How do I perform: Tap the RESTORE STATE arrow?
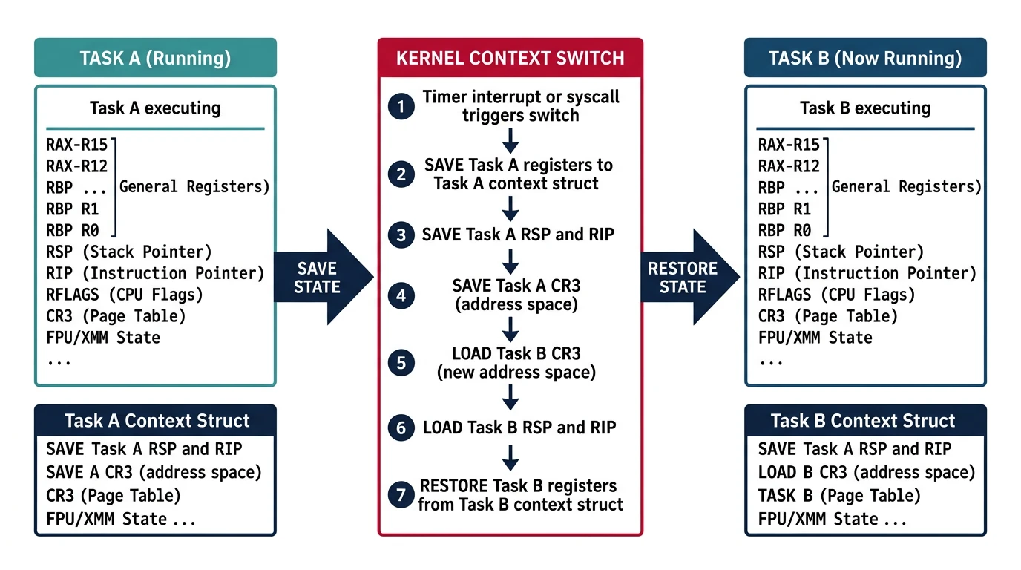686,277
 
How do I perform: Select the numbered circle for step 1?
401,107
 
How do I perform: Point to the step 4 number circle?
401,295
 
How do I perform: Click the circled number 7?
401,495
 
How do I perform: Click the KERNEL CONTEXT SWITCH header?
510,58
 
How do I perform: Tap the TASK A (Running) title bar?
155,58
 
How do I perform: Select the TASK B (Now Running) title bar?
865,58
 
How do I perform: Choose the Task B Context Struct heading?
865,421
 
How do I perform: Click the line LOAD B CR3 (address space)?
866,472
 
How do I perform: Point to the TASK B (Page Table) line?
838,495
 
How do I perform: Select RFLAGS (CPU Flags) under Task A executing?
124,295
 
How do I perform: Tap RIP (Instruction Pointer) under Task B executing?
867,273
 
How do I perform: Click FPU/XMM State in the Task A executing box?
102,338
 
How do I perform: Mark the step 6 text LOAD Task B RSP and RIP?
519,427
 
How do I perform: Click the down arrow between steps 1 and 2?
510,140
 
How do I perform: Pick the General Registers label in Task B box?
905,186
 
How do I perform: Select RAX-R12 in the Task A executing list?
76,166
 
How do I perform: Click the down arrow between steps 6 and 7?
510,458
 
